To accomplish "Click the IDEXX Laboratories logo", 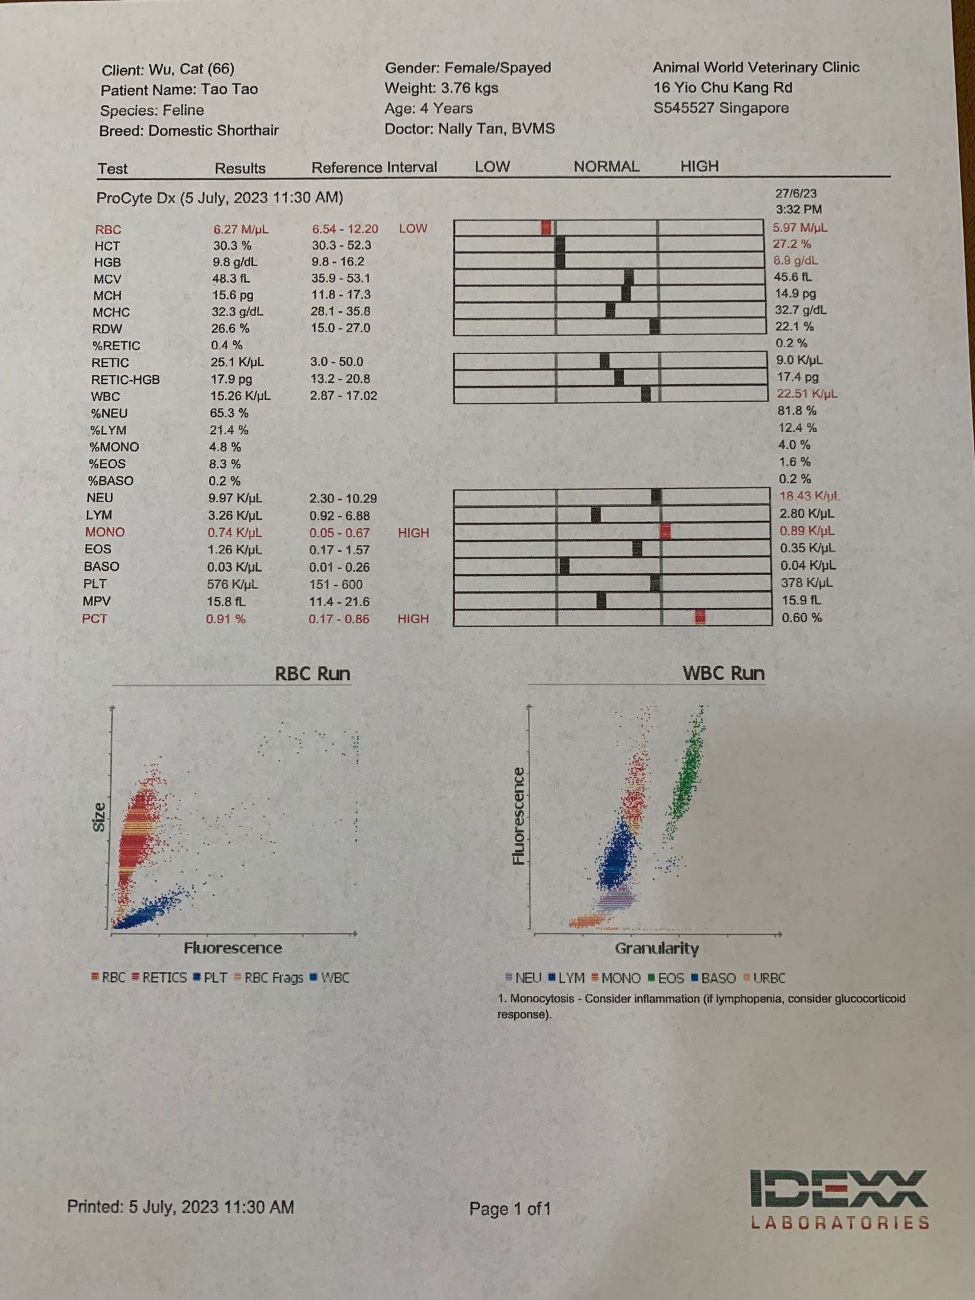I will [x=839, y=1199].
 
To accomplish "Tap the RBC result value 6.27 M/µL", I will [x=241, y=229].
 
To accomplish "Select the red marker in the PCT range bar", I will [x=700, y=617].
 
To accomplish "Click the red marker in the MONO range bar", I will [x=665, y=531].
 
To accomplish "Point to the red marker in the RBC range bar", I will [x=547, y=228].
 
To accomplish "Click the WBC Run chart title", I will [x=723, y=673].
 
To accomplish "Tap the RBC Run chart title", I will [x=312, y=673].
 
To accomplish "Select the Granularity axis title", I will [x=656, y=948].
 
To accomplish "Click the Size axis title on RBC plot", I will [x=99, y=818].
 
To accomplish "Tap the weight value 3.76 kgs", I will [x=469, y=88].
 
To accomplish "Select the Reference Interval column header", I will [x=374, y=168].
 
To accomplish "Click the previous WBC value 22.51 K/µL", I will [x=806, y=394].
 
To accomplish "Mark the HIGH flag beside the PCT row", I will [x=413, y=619].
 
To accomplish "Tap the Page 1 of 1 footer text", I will [x=510, y=1209].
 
